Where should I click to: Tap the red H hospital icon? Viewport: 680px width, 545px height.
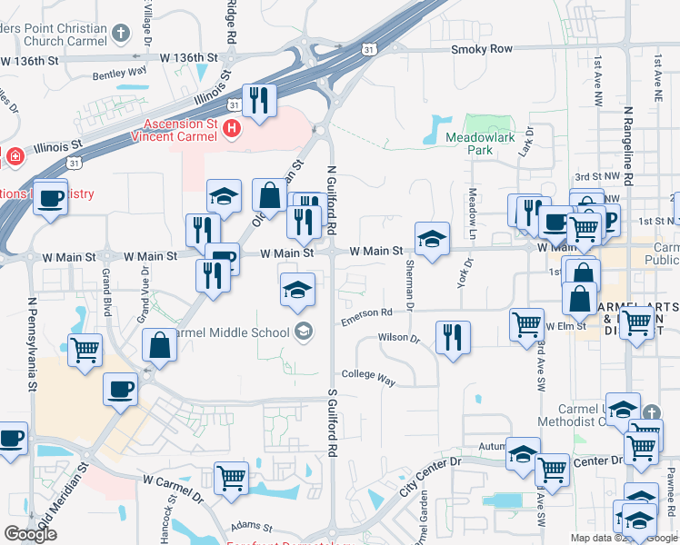pyautogui.click(x=232, y=129)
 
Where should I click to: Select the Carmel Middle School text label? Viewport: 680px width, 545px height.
pyautogui.click(x=230, y=332)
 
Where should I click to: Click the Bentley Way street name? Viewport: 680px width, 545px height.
pyautogui.click(x=119, y=71)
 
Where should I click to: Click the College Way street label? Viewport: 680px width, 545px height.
pyautogui.click(x=368, y=377)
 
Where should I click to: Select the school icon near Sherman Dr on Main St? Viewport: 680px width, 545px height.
pyautogui.click(x=432, y=239)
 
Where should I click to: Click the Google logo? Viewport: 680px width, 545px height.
pyautogui.click(x=30, y=533)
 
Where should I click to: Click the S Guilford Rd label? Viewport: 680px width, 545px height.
pyautogui.click(x=332, y=423)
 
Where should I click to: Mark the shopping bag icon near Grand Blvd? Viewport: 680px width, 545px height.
pyautogui.click(x=159, y=346)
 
